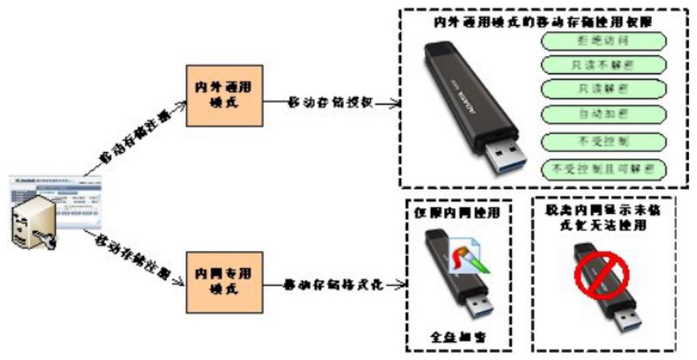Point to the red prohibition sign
tap(600, 272)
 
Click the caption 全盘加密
tap(456, 333)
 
